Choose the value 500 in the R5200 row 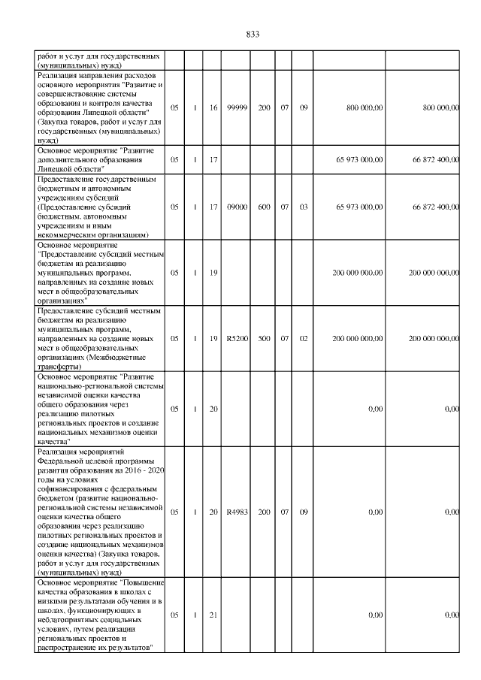coord(265,338)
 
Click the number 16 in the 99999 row coord(213,108)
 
